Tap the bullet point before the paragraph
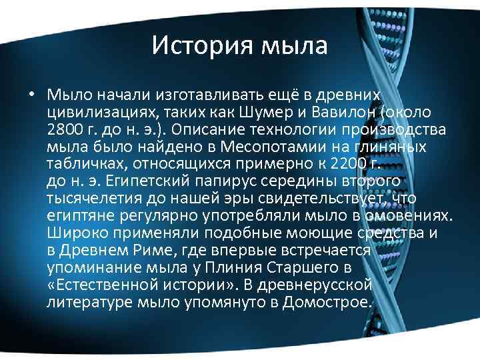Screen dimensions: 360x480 [x=32, y=94]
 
